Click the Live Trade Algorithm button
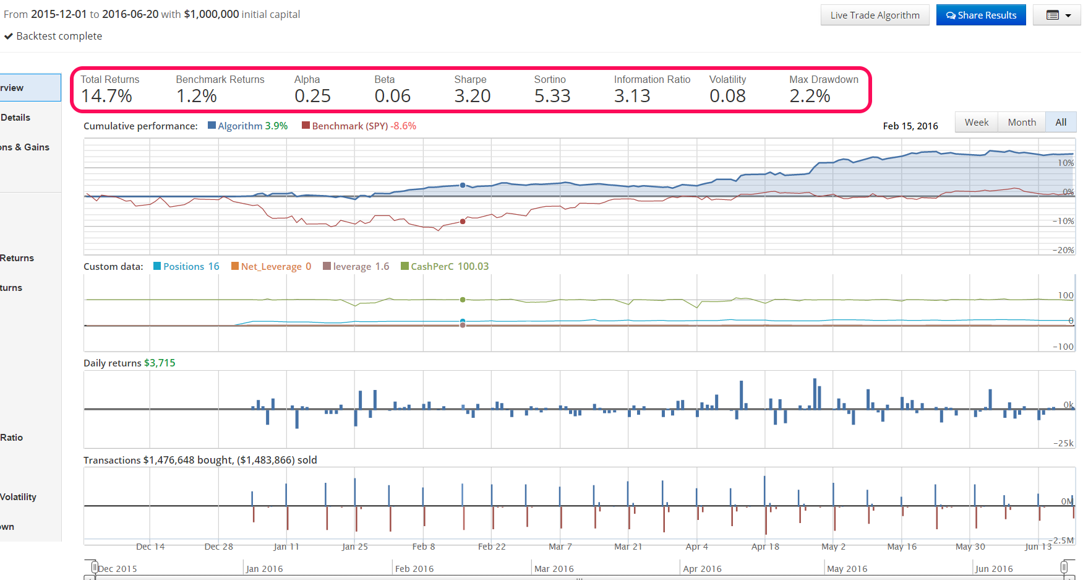tap(875, 15)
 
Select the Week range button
tap(976, 123)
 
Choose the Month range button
tap(1021, 123)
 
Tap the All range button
tap(1061, 123)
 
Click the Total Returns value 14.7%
tap(106, 96)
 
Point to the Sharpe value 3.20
tap(472, 96)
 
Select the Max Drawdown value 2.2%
tap(809, 96)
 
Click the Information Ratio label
tap(652, 79)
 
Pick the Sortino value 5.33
tap(552, 96)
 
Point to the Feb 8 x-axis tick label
tap(424, 547)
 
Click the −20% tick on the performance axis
tap(1063, 250)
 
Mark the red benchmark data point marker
tap(463, 222)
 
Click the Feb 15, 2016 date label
tap(910, 126)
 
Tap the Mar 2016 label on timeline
tap(554, 569)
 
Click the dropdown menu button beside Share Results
tap(1058, 15)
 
